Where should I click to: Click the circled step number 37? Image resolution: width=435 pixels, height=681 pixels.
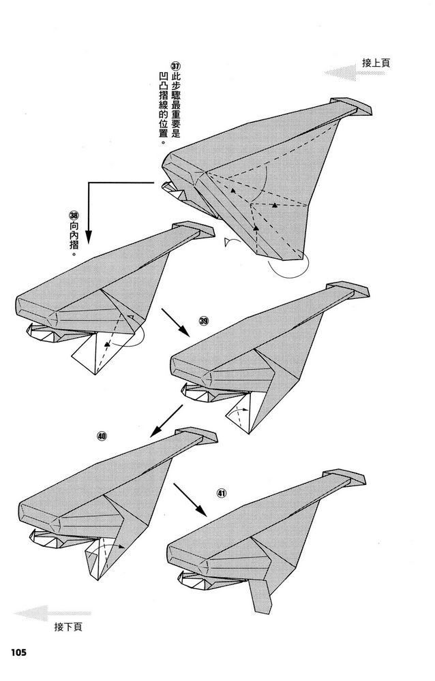pyautogui.click(x=176, y=67)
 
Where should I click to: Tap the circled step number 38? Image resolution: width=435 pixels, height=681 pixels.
pyautogui.click(x=74, y=215)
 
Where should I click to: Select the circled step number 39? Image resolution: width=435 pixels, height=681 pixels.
pyautogui.click(x=204, y=321)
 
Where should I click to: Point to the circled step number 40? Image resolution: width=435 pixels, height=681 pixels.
pyautogui.click(x=102, y=436)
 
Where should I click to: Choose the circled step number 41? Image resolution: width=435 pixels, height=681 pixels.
pyautogui.click(x=222, y=493)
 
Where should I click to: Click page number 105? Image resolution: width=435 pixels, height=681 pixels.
pyautogui.click(x=18, y=652)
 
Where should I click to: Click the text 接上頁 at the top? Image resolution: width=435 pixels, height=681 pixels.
pyautogui.click(x=376, y=63)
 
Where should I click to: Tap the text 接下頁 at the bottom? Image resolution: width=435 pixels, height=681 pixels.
pyautogui.click(x=68, y=627)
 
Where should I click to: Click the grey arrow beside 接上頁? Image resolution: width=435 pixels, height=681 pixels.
pyautogui.click(x=355, y=73)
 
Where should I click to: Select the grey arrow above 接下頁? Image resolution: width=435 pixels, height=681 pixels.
pyautogui.click(x=52, y=614)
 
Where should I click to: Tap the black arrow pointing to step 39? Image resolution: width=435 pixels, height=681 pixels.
pyautogui.click(x=175, y=323)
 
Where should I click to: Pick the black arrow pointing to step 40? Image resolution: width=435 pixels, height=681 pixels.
pyautogui.click(x=166, y=421)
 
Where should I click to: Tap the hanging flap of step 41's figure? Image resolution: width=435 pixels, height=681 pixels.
pyautogui.click(x=260, y=597)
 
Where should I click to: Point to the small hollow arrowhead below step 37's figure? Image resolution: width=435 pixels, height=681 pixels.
pyautogui.click(x=228, y=242)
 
